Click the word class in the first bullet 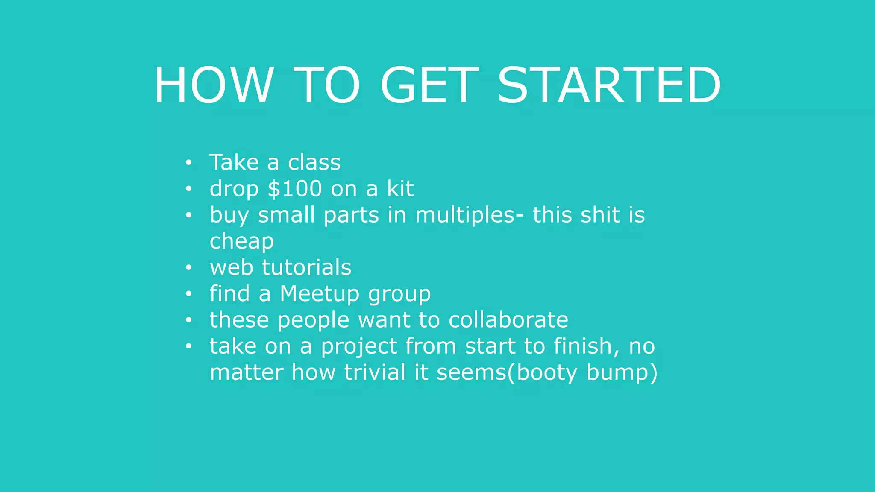(314, 163)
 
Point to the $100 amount (295, 189)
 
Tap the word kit (400, 189)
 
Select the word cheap (241, 242)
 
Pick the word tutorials (306, 268)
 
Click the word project (359, 347)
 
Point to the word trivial (375, 372)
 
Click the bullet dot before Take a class (188, 163)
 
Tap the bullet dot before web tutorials (188, 268)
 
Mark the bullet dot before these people (188, 320)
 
